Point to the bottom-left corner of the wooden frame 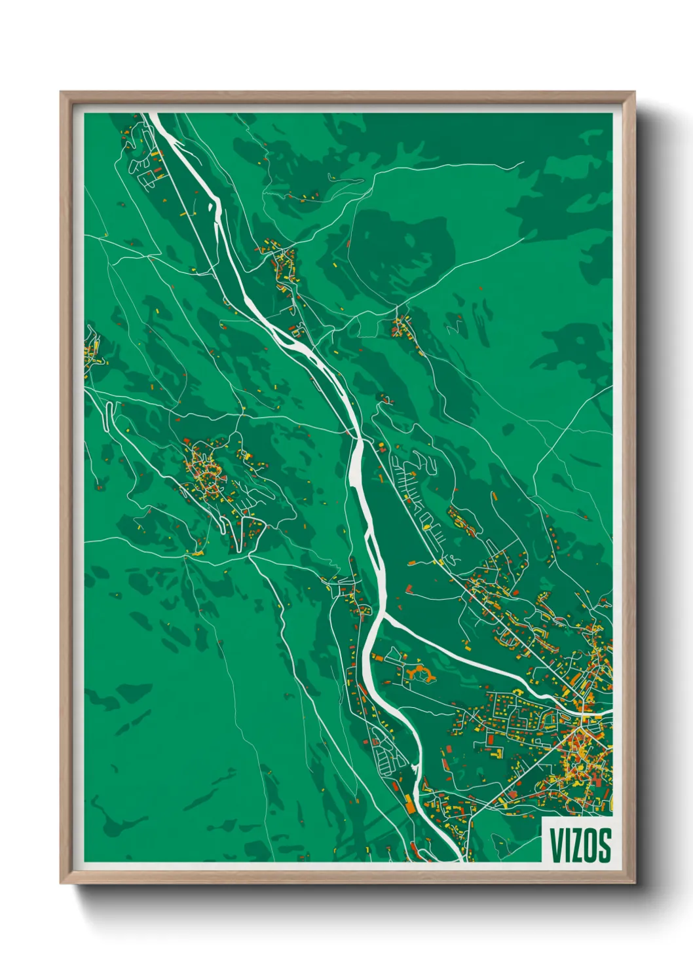(x=61, y=883)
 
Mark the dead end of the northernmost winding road (x=523, y=162)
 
